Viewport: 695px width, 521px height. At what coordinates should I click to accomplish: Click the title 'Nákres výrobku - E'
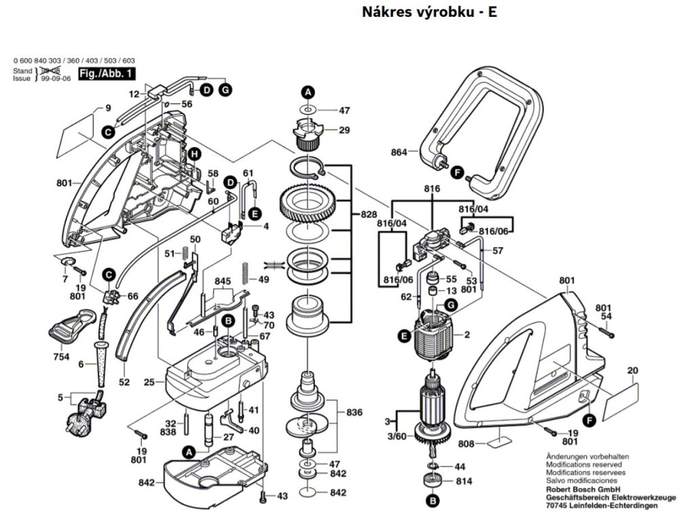[430, 12]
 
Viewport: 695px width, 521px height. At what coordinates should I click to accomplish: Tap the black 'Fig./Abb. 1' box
[107, 73]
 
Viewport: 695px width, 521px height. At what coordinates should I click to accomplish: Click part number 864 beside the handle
[398, 153]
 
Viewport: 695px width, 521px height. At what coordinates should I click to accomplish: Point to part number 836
[354, 412]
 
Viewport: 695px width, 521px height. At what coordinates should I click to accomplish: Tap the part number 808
[466, 445]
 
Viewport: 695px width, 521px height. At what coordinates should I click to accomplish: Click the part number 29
[344, 130]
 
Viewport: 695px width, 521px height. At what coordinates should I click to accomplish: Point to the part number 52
[124, 383]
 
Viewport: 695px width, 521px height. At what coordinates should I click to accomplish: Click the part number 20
[633, 370]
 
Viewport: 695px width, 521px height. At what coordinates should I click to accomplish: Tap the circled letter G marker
[226, 90]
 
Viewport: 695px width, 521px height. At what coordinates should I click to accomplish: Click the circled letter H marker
[195, 155]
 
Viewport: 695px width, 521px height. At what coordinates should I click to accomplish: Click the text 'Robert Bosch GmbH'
[584, 489]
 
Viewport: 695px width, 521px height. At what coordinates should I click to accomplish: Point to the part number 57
[498, 251]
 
